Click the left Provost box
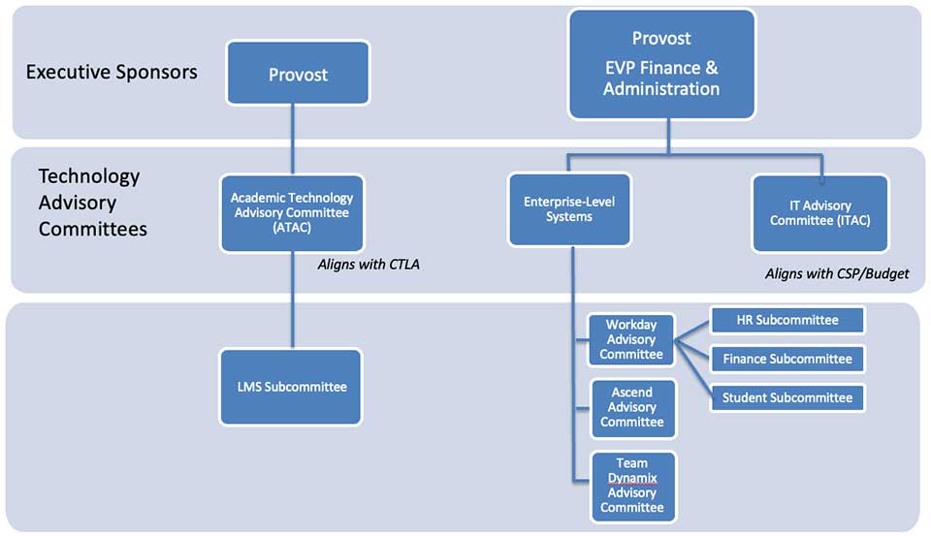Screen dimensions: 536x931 tap(298, 73)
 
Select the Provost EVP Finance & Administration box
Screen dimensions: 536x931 tap(661, 64)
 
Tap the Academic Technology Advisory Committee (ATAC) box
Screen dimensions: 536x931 tap(292, 211)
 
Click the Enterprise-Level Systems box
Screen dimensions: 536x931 tap(569, 209)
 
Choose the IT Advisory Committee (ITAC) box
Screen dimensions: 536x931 tap(819, 212)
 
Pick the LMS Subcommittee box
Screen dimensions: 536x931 tap(291, 387)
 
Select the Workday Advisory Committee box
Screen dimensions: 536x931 tap(631, 339)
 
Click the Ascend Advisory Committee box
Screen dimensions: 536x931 tap(631, 407)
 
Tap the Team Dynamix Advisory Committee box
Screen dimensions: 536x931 tap(631, 486)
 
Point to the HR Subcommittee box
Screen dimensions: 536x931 tap(787, 320)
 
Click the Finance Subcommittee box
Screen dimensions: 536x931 tap(787, 359)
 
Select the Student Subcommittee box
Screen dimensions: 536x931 tap(787, 397)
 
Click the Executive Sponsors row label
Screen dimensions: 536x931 tap(112, 72)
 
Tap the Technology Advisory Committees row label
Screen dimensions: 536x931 tap(92, 203)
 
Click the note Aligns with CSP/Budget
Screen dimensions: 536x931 tap(837, 273)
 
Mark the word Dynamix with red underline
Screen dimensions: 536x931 tap(631, 478)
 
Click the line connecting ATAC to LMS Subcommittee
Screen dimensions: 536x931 tap(292, 300)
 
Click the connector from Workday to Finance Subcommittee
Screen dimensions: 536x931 tap(693, 350)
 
